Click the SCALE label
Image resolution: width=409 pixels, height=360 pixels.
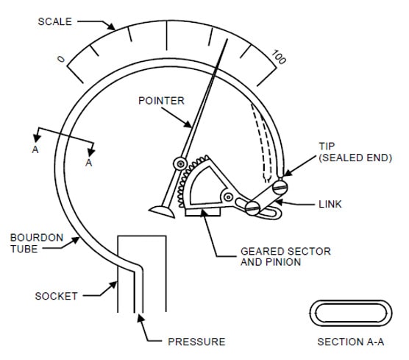(x=54, y=21)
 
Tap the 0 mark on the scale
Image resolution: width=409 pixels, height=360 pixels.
(x=61, y=59)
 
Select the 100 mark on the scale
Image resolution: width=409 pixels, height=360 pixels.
(x=279, y=57)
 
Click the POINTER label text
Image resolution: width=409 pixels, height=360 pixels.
(x=161, y=101)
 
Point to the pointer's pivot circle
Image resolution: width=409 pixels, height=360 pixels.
(x=180, y=164)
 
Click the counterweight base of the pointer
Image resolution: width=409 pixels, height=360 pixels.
(x=162, y=211)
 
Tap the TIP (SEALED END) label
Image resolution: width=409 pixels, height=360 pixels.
(x=355, y=152)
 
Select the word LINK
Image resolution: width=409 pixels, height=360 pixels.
(x=330, y=204)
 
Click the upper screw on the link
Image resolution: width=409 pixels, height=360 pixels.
(x=280, y=187)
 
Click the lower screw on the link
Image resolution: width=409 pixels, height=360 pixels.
(x=252, y=208)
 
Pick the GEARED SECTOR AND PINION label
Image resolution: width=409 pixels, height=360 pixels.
(x=285, y=257)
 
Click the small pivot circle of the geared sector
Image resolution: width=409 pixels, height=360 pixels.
(x=229, y=197)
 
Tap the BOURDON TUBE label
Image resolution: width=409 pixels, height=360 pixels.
(x=37, y=243)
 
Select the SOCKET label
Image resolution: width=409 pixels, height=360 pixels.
(x=57, y=296)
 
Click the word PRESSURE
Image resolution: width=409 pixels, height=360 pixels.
(x=196, y=342)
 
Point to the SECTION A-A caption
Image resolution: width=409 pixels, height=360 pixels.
(x=351, y=342)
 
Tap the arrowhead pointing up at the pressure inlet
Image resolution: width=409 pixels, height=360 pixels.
(x=141, y=318)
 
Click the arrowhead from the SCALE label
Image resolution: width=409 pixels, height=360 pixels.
(x=112, y=27)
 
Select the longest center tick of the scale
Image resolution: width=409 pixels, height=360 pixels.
(x=167, y=35)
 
